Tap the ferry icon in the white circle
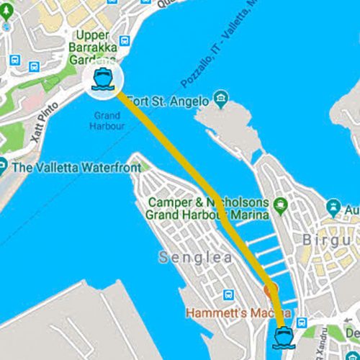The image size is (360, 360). pyautogui.click(x=102, y=80)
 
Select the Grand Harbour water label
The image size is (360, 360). pyautogui.click(x=109, y=120)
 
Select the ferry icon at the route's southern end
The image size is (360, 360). pyautogui.click(x=281, y=336)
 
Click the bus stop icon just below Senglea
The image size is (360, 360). pyautogui.click(x=228, y=294)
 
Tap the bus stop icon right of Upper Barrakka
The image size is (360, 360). pyautogui.click(x=125, y=41)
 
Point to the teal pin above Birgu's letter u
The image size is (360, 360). pyautogui.click(x=333, y=209)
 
